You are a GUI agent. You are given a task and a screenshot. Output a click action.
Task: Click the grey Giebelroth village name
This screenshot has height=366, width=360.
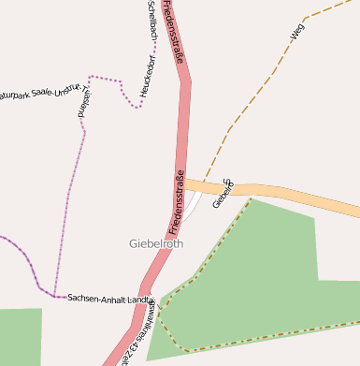tap(156, 243)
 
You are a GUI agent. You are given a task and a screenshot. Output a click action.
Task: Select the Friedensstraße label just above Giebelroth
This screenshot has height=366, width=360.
tap(177, 200)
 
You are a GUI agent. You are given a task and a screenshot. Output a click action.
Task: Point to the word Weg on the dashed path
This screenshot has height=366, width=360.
tap(297, 33)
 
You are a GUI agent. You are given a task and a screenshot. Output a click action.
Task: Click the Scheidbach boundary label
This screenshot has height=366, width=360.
tap(152, 21)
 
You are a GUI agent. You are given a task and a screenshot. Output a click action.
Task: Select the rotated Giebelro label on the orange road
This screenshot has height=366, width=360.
tap(222, 194)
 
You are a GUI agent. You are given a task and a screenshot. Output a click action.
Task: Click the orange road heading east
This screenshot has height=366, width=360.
tap(299, 197)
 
